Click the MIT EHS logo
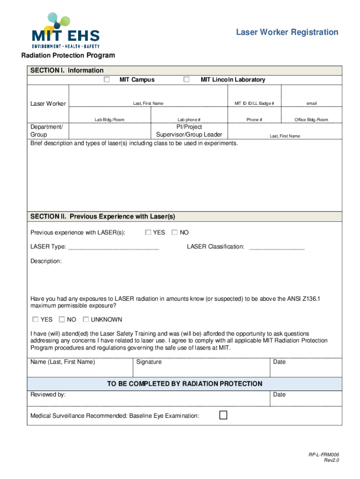click(65, 31)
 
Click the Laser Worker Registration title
click(287, 32)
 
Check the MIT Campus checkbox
click(107, 80)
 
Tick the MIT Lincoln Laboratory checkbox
click(186, 80)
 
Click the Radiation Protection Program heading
click(68, 56)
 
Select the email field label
click(311, 103)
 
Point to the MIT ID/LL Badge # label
click(254, 103)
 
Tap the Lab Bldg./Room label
click(109, 120)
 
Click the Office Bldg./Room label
click(311, 120)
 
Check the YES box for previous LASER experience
click(148, 232)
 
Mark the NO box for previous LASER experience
click(175, 232)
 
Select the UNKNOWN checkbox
click(86, 319)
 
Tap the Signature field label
click(149, 362)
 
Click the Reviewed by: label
click(48, 395)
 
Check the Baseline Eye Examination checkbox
click(223, 415)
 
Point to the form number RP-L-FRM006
click(324, 455)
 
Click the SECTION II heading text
click(102, 217)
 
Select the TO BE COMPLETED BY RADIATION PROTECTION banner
click(185, 384)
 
